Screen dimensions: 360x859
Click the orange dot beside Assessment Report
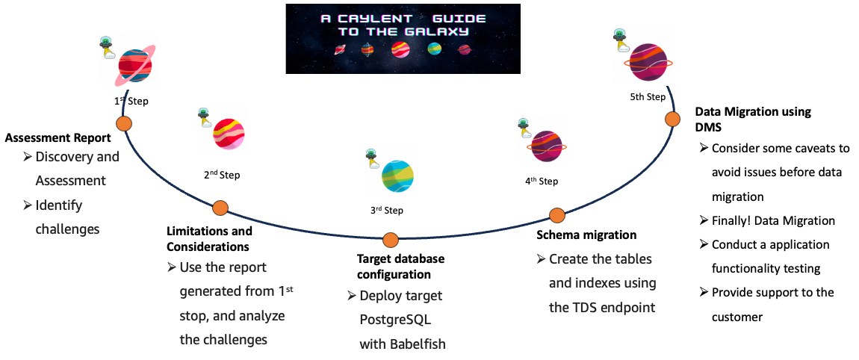[x=123, y=124]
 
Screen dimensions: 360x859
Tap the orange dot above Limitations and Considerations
[x=220, y=208]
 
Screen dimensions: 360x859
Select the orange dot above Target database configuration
[x=390, y=240]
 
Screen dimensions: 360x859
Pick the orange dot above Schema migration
[x=556, y=216]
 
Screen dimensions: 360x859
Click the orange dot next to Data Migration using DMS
[x=672, y=119]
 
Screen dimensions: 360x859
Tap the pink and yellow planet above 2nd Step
[x=228, y=134]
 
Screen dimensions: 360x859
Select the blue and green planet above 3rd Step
[x=397, y=177]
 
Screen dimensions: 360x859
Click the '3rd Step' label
[x=386, y=211]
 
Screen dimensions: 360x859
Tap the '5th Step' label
[x=647, y=97]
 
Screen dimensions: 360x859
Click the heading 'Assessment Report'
[x=58, y=137]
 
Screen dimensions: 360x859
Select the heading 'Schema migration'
[x=586, y=235]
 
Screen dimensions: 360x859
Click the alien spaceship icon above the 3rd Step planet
[x=371, y=157]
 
